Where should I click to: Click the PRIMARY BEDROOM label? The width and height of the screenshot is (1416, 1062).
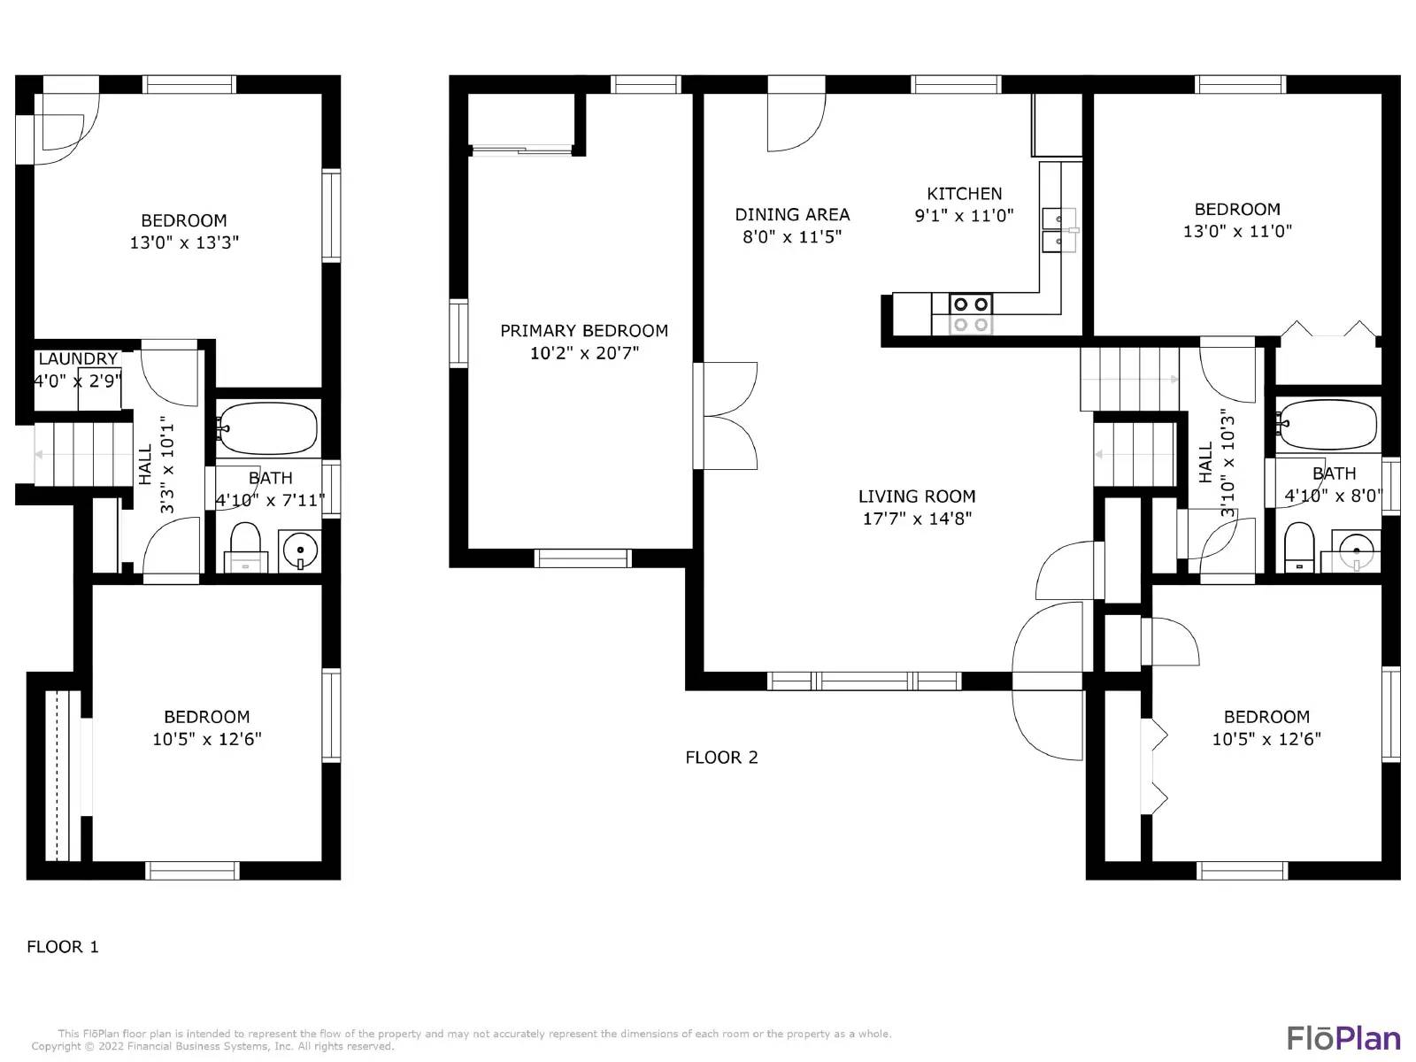tap(584, 331)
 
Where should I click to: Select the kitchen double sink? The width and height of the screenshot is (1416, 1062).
tap(1058, 229)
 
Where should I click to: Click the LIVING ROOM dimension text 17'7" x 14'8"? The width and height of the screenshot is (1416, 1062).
tap(917, 519)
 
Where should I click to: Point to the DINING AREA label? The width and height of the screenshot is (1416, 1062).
tap(792, 215)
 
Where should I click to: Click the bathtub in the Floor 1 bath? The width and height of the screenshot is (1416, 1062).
tap(268, 428)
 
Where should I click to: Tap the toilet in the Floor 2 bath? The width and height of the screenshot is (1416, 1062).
tap(1298, 546)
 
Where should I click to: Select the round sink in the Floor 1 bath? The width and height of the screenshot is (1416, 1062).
tap(300, 551)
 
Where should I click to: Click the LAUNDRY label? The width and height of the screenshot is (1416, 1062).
tap(78, 359)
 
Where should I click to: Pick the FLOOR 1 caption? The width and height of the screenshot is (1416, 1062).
tap(63, 947)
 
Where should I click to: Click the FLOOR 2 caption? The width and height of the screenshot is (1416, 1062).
tap(721, 758)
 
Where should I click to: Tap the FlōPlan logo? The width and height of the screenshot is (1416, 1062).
tap(1343, 1038)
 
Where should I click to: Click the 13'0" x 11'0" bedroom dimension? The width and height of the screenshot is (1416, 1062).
tap(1237, 232)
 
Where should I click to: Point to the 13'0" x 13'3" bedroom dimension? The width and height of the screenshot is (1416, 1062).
tap(184, 242)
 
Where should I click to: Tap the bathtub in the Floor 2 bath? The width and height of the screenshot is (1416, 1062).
tap(1327, 425)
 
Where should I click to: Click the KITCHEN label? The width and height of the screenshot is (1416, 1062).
tap(964, 194)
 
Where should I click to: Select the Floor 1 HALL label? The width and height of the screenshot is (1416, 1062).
tap(145, 464)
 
